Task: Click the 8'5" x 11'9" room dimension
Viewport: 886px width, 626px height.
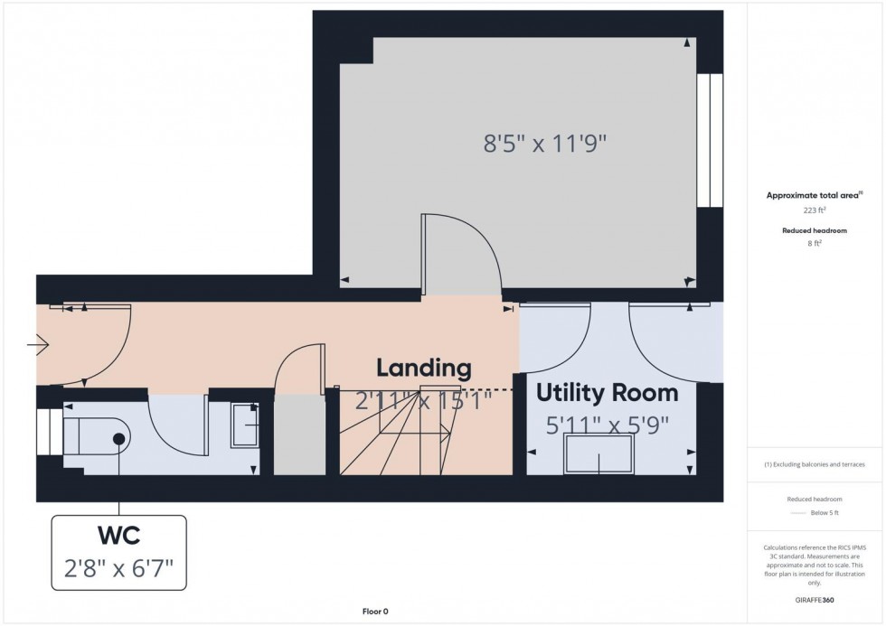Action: [x=543, y=143]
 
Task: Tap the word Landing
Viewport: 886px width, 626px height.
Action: [x=424, y=368]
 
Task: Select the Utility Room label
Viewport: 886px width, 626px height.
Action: [x=608, y=393]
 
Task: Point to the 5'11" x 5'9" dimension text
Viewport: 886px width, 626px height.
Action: [x=608, y=424]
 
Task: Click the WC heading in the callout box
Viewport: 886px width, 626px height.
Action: [x=118, y=536]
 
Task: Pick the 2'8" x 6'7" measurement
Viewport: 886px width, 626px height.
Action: [x=118, y=568]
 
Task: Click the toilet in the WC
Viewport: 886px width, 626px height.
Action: [x=98, y=439]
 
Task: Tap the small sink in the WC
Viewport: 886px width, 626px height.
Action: [x=245, y=425]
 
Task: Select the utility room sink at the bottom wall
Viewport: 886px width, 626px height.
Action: [x=599, y=453]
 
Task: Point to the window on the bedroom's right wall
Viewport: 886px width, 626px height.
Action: [x=710, y=140]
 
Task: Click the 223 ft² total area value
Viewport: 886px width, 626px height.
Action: [x=815, y=210]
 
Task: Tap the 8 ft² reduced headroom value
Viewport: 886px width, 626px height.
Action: [x=815, y=243]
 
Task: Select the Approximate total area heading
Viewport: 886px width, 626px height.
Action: [x=814, y=195]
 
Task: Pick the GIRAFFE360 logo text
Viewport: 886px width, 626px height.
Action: [x=815, y=601]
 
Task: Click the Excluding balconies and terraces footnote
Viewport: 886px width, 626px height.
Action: [x=815, y=463]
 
